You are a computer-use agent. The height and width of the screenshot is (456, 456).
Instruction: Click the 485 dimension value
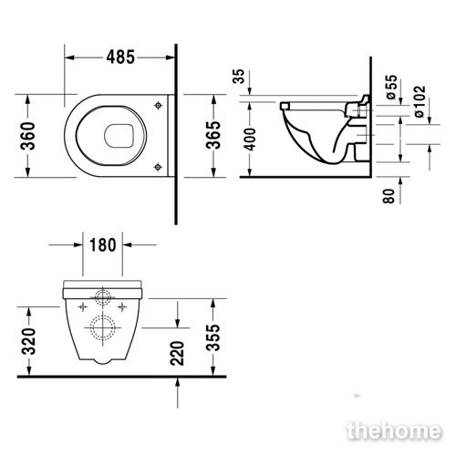point(120,57)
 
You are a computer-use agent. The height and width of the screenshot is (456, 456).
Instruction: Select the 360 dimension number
point(27,136)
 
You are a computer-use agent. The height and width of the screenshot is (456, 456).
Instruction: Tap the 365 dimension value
point(213,135)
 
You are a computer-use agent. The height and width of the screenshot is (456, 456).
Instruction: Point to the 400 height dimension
point(251,140)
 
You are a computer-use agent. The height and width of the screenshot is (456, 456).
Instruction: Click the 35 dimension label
point(239,77)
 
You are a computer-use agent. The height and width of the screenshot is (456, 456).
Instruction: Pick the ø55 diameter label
point(391,87)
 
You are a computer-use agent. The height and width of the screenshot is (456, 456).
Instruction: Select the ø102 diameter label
point(420,101)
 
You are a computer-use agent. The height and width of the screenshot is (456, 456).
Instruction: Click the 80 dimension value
point(389,196)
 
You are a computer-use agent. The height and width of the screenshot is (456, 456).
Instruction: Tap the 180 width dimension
point(103,245)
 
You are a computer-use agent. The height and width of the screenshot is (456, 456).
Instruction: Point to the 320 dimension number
point(29,341)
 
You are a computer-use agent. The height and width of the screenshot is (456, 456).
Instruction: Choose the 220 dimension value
point(178,353)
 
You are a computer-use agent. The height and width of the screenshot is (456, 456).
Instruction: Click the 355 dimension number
point(212,337)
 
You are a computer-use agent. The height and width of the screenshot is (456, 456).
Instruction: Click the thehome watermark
point(394,430)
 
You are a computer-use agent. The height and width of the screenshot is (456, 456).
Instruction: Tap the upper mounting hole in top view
point(158,105)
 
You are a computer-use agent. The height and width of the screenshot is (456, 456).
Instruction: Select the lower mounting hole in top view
point(158,167)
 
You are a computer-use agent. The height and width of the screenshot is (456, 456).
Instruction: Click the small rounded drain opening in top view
point(119,135)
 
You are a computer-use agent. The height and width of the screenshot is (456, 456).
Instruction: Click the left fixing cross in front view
point(83,307)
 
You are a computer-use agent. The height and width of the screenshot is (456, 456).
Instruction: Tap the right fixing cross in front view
point(122,307)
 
